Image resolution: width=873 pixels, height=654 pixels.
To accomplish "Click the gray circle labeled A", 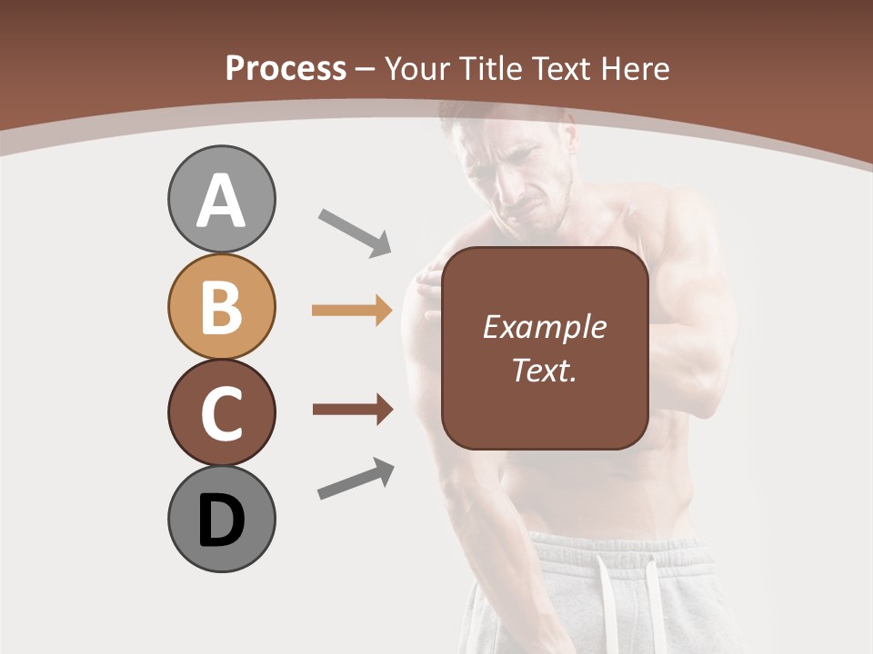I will pyautogui.click(x=221, y=199).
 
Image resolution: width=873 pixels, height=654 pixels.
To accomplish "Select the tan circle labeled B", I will pyautogui.click(x=221, y=306).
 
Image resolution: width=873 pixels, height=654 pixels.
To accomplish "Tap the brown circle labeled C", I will pyautogui.click(x=221, y=412).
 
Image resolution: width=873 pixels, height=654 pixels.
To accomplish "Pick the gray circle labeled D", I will pyautogui.click(x=221, y=519).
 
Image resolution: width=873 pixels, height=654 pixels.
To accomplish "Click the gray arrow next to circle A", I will pyautogui.click(x=355, y=232).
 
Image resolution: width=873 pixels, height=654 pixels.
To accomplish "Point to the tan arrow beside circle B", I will pyautogui.click(x=352, y=311).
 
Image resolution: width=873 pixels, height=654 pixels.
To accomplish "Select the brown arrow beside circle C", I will pyautogui.click(x=352, y=410).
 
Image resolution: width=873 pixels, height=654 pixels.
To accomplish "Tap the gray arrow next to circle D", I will pyautogui.click(x=356, y=479).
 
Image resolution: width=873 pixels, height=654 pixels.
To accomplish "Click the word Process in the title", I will pyautogui.click(x=286, y=69).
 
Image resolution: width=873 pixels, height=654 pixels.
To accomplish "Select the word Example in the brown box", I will pyautogui.click(x=544, y=327).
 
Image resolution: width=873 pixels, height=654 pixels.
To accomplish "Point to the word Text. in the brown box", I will pyautogui.click(x=544, y=370).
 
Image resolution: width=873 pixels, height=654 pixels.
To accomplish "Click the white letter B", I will pyautogui.click(x=221, y=306).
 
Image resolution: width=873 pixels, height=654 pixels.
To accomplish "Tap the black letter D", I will pyautogui.click(x=221, y=520).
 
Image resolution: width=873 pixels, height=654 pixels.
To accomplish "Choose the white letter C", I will pyautogui.click(x=221, y=413).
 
